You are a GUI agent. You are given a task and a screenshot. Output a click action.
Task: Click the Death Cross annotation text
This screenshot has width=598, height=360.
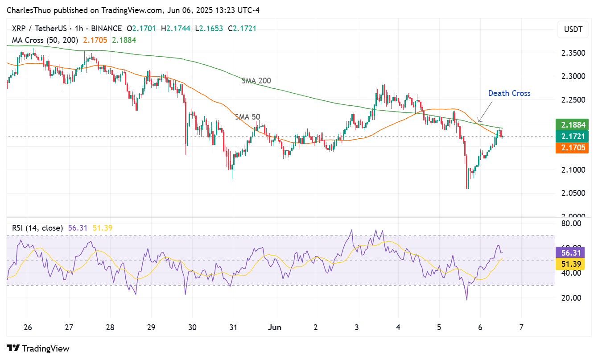point(509,93)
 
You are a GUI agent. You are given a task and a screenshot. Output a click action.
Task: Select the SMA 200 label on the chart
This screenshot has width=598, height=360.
point(256,81)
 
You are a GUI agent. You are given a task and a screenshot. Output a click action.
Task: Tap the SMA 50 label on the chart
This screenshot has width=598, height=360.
point(247,117)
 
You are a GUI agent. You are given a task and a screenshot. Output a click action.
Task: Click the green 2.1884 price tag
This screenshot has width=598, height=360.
point(572,124)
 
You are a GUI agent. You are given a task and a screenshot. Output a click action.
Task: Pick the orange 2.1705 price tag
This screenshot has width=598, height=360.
point(572,148)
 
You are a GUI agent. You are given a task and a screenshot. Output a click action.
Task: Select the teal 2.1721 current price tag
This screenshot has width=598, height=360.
point(572,136)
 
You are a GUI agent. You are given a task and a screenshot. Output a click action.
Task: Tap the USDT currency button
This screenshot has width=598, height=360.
point(573,30)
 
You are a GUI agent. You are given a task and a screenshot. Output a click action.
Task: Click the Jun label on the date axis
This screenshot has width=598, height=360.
point(275,327)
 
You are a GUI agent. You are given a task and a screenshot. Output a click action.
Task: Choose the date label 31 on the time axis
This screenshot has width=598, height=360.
point(233,327)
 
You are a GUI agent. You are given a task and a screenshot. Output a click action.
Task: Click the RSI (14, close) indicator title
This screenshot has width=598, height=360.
point(37,228)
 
